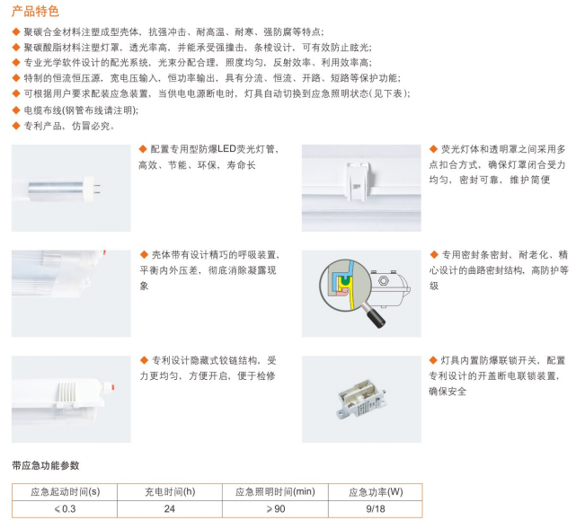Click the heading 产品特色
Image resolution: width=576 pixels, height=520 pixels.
[x=36, y=13]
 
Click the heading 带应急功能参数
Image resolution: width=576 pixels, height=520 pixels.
[x=46, y=465]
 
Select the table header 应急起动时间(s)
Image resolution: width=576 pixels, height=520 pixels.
[x=64, y=492]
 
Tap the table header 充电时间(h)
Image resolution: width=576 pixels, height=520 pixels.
[x=169, y=492]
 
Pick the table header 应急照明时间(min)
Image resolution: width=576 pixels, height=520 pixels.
[x=275, y=492]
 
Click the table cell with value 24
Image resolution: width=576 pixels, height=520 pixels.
[x=169, y=509]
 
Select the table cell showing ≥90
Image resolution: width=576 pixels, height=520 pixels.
[x=275, y=509]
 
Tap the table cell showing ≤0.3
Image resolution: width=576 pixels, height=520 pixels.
[x=64, y=509]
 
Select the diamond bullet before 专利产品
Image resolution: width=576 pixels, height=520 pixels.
[x=16, y=126]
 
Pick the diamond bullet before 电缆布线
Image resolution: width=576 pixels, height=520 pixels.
[x=16, y=110]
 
